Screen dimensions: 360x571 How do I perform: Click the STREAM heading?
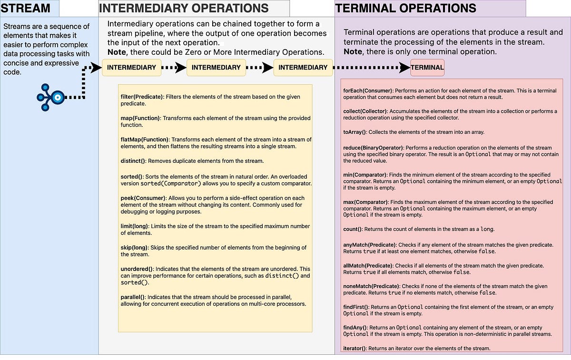click(x=26, y=8)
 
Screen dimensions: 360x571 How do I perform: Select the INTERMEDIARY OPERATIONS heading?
click(x=183, y=8)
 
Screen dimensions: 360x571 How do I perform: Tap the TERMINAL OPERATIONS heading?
click(x=406, y=8)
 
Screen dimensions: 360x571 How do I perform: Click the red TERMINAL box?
click(x=427, y=68)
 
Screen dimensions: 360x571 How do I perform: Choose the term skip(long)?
click(x=135, y=248)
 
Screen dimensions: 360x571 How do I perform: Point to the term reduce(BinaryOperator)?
click(x=373, y=148)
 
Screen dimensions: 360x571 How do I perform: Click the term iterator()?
click(x=355, y=349)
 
